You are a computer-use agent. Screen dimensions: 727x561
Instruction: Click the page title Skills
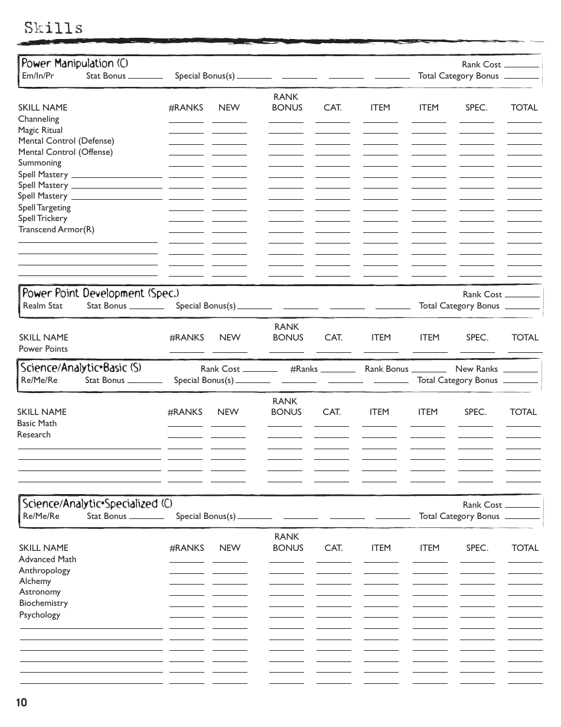pos(53,28)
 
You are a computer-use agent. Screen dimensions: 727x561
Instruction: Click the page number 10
pos(22,702)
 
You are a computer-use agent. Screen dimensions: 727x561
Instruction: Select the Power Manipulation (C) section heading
pos(74,63)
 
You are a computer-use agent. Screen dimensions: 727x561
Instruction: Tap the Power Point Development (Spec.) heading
pos(100,293)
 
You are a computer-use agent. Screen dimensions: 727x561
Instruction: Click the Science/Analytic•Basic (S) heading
pos(81,368)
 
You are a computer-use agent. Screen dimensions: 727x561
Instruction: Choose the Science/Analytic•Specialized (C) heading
pos(97,504)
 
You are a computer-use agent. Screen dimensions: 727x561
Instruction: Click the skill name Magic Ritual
pos(40,130)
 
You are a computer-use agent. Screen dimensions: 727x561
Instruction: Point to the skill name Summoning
pos(40,163)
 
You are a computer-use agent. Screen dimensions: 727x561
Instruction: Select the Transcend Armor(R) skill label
pos(56,229)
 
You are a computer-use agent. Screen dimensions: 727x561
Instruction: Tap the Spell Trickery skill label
pos(43,218)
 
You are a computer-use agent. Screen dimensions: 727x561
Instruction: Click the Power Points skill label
pos(43,349)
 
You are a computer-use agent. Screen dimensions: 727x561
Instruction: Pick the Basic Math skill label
pos(37,423)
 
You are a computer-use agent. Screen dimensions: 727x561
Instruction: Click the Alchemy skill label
pos(35,581)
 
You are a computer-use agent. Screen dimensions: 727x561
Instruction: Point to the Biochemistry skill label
pos(43,603)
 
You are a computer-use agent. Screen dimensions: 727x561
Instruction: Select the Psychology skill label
pos(40,615)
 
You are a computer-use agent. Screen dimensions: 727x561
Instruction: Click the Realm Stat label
pos(43,306)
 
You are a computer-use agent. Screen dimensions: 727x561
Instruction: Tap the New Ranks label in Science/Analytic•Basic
pos(477,369)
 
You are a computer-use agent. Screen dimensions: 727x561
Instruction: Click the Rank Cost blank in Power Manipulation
pos(522,65)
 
